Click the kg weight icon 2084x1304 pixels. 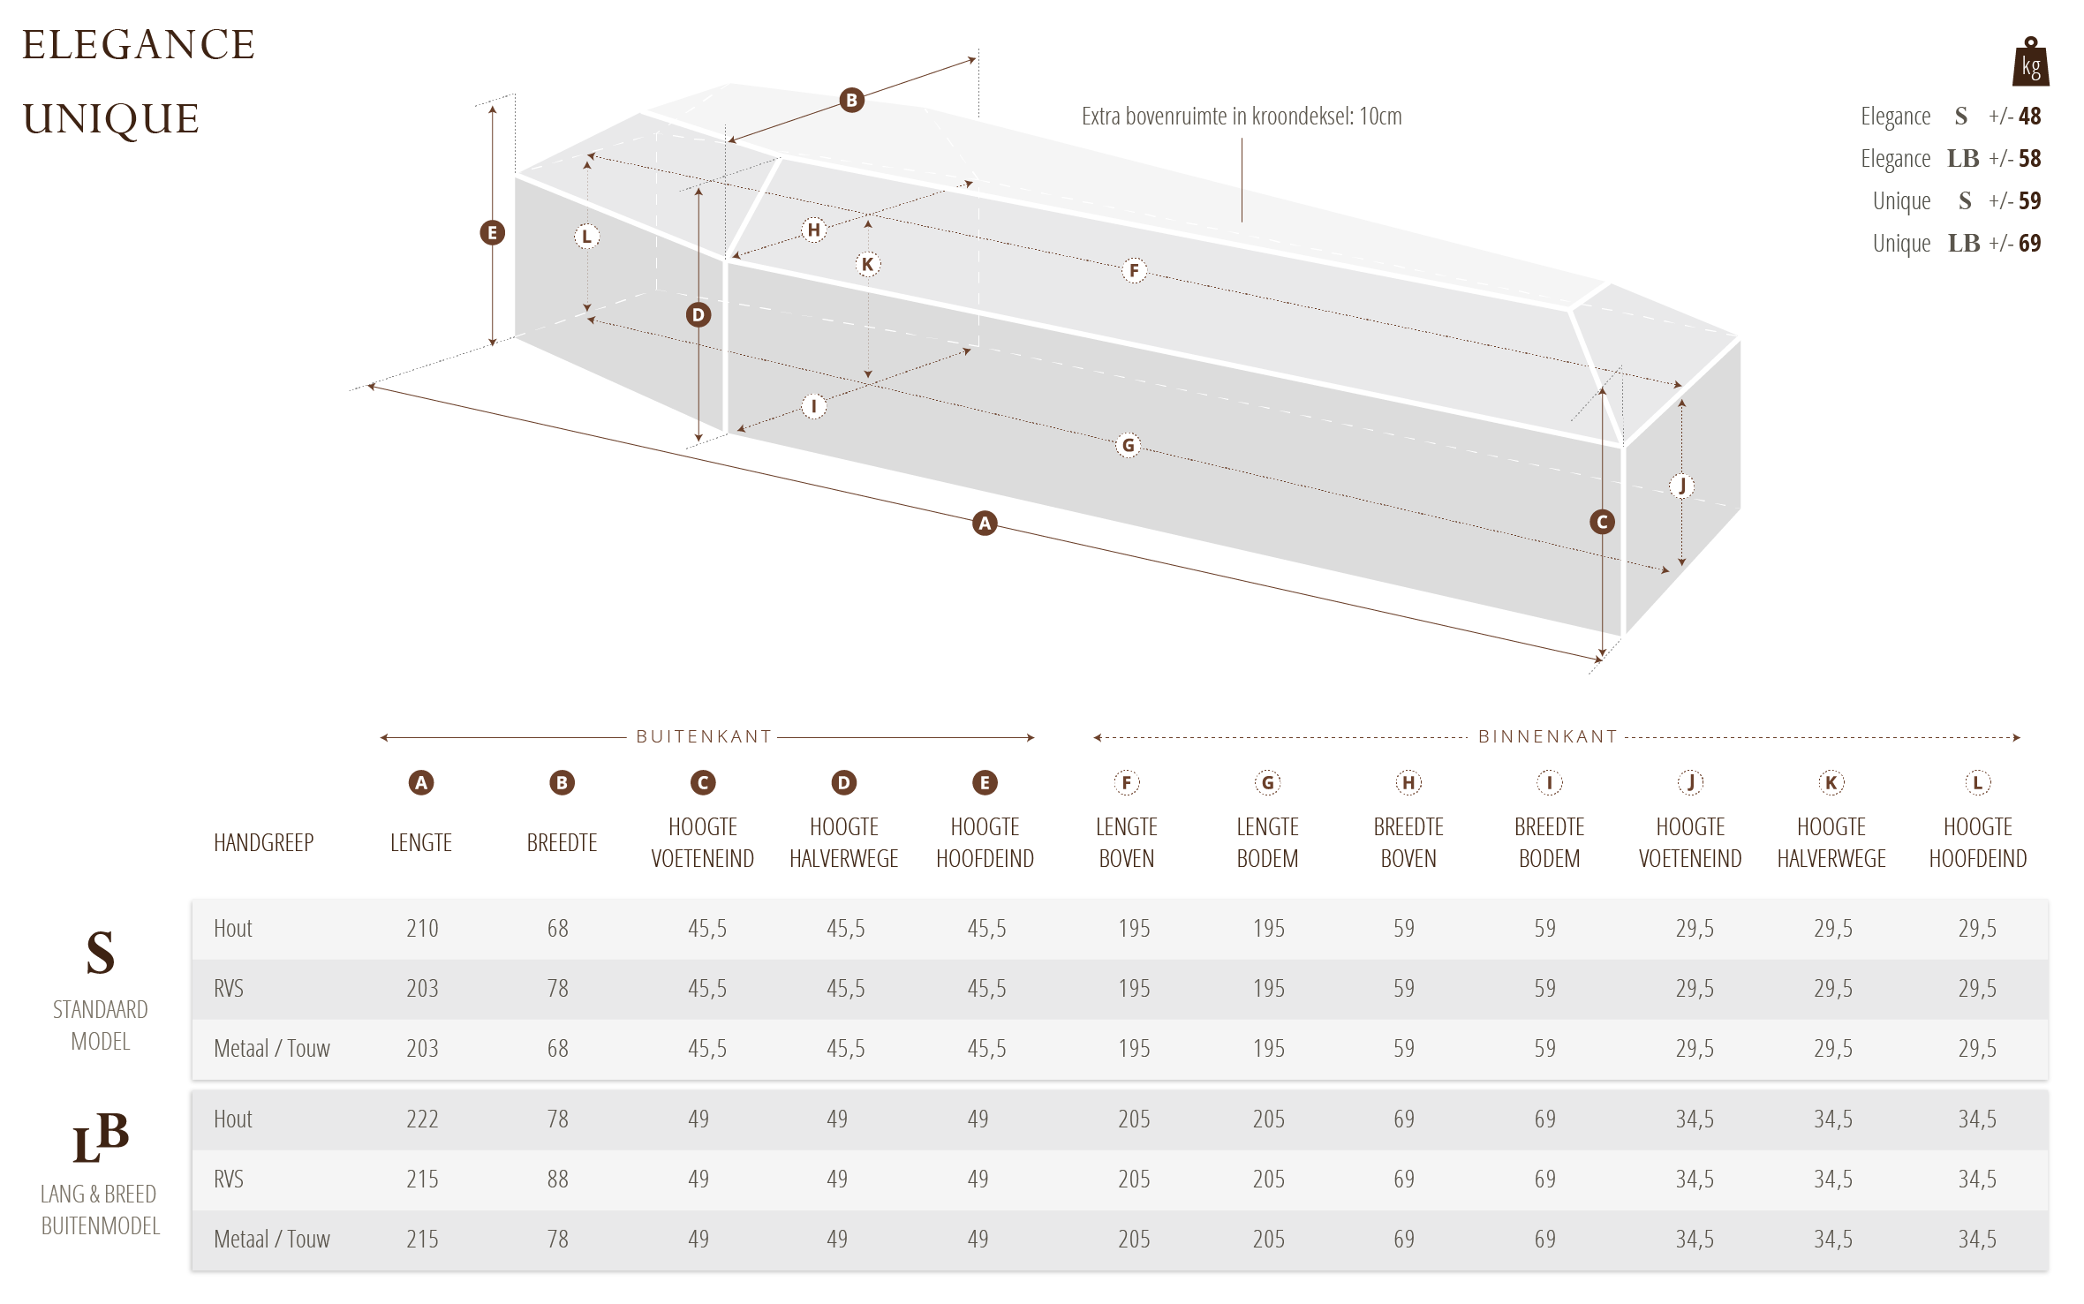coord(2030,62)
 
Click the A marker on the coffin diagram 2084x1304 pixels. coord(985,523)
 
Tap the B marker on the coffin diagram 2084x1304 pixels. coord(851,100)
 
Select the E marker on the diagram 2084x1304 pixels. coord(492,233)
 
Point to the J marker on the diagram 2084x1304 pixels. coord(1682,485)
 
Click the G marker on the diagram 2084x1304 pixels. coord(1128,445)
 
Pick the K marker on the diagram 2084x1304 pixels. coord(868,264)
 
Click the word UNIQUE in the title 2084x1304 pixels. coord(111,118)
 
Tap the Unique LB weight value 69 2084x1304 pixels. coord(2029,243)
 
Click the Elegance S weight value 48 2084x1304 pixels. coord(2029,116)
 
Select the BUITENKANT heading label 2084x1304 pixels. coord(704,736)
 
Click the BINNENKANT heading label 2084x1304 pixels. coord(1547,736)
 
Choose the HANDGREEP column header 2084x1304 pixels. coord(263,842)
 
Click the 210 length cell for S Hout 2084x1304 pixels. coord(422,928)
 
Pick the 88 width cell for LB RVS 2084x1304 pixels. coord(557,1179)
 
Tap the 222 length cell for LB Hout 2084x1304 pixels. coord(422,1119)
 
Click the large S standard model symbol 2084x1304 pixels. coord(100,953)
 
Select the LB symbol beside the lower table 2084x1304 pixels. coord(100,1137)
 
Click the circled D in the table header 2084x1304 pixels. coord(843,782)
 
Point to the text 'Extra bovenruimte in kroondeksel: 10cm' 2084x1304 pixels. coord(1242,117)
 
